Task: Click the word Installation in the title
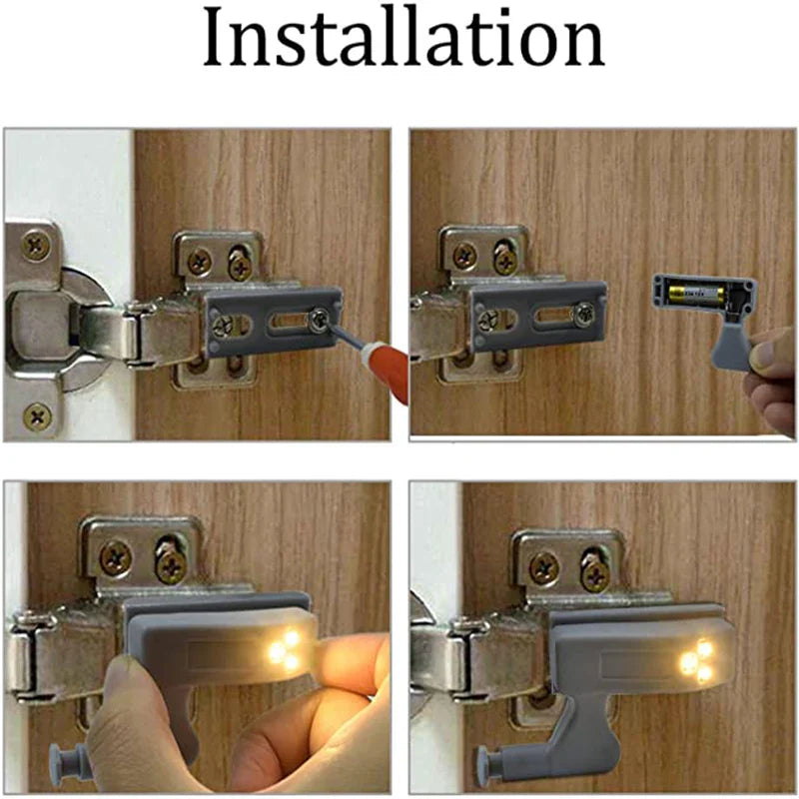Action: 403,40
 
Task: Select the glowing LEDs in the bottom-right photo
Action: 696,661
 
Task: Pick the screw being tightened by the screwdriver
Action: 320,319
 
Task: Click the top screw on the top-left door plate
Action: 37,244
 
